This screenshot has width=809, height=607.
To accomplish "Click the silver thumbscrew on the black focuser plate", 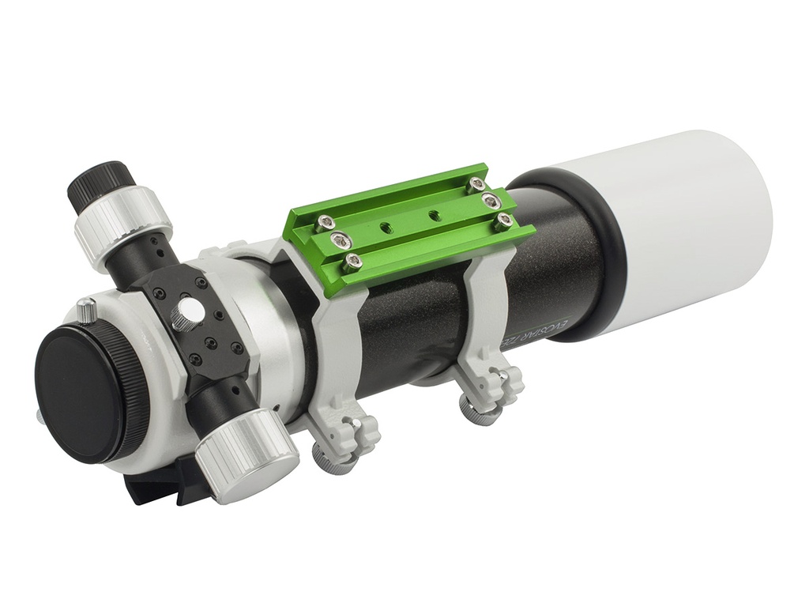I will point(186,315).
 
